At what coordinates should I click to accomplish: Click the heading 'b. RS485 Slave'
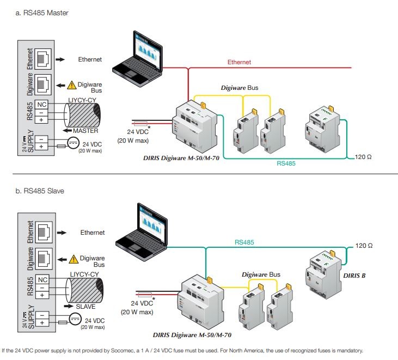pos(40,191)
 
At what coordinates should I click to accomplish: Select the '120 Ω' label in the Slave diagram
pos(364,246)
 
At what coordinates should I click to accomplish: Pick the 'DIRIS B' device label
pos(354,276)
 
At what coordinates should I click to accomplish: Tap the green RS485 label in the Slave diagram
pos(247,241)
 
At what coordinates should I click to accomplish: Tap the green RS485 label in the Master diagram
pos(286,163)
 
